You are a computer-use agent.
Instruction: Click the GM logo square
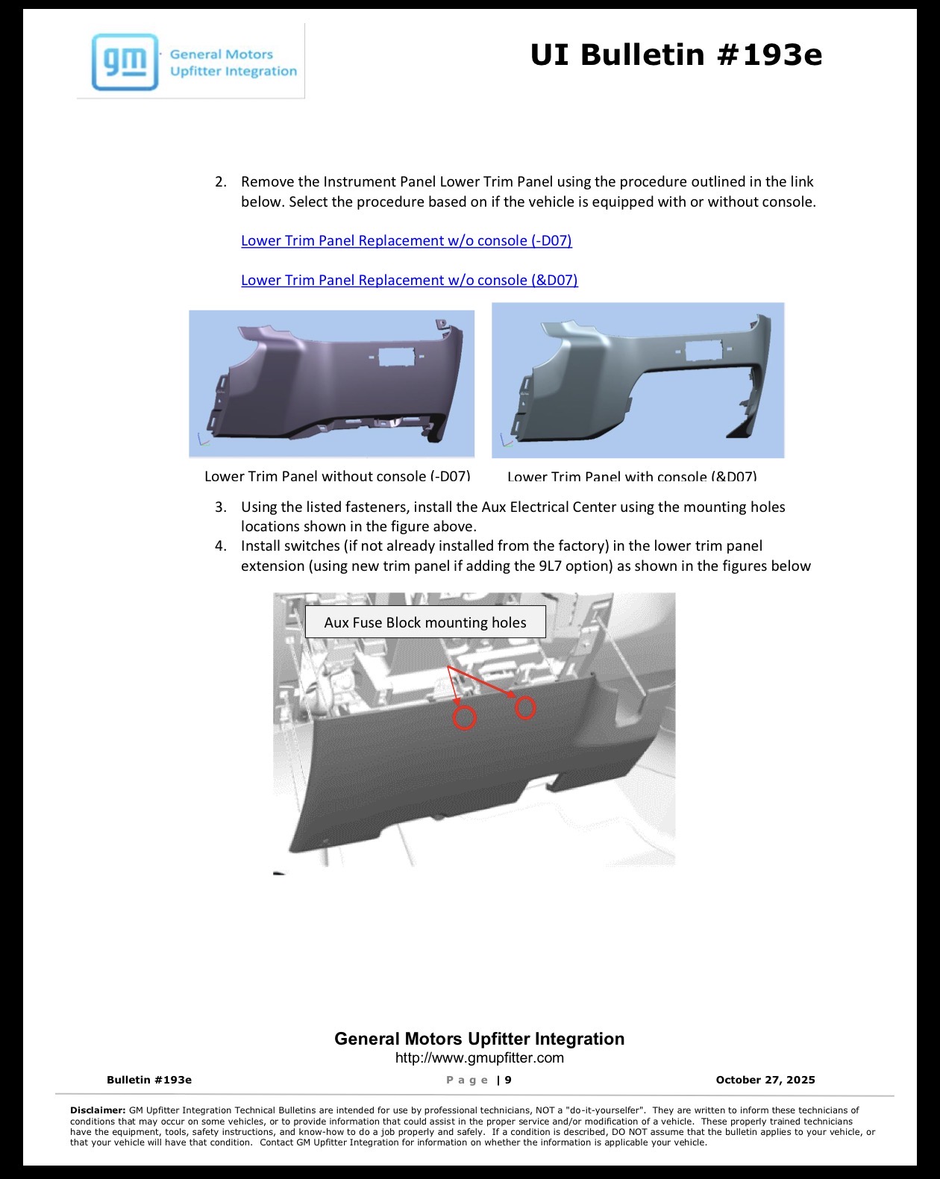pos(125,62)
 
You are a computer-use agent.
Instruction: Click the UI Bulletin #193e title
pos(676,54)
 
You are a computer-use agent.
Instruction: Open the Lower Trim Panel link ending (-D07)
pos(407,240)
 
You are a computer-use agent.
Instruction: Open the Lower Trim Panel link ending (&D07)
pos(409,280)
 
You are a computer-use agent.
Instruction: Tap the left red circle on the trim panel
pos(465,718)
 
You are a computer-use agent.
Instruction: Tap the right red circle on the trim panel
pos(524,708)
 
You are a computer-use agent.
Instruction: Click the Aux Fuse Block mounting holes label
pos(425,622)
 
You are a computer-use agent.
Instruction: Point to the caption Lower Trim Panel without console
pos(337,475)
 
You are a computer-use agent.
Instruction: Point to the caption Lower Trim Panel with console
pos(632,476)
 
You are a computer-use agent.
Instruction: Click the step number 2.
pos(220,182)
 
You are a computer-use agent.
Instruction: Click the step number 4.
pos(220,546)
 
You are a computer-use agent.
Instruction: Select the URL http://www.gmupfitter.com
pos(479,1058)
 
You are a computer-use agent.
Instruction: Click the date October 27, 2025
pos(765,1080)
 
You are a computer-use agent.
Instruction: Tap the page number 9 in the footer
pos(508,1080)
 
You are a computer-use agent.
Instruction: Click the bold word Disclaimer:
pos(98,1110)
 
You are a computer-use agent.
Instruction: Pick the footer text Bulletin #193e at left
pos(149,1080)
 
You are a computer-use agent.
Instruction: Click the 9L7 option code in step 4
pos(549,566)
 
